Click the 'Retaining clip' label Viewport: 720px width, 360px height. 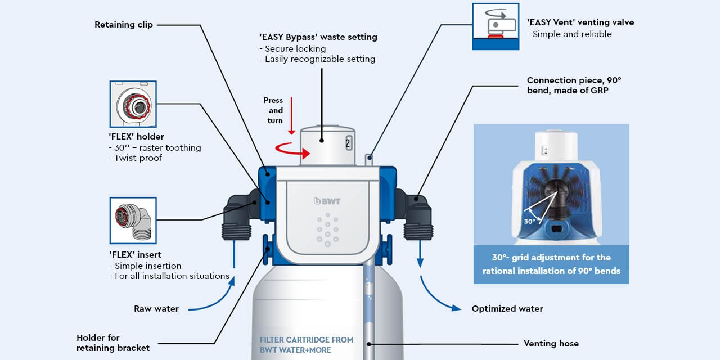point(123,25)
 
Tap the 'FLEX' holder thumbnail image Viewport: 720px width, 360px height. point(133,104)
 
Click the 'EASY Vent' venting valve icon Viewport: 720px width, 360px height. point(495,26)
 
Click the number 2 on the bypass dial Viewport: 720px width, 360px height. point(348,143)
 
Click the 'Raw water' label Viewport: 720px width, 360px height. point(156,308)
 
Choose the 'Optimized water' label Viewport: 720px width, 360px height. point(507,308)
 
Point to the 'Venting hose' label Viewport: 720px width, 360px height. point(551,343)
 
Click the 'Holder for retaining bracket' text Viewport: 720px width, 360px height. point(113,343)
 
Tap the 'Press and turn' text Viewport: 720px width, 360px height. point(274,110)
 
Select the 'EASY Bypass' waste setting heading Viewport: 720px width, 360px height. point(318,37)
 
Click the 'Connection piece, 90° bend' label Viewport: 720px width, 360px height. point(574,85)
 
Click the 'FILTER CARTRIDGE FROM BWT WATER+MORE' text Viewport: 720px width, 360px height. point(307,344)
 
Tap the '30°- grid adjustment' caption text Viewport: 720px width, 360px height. point(551,264)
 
